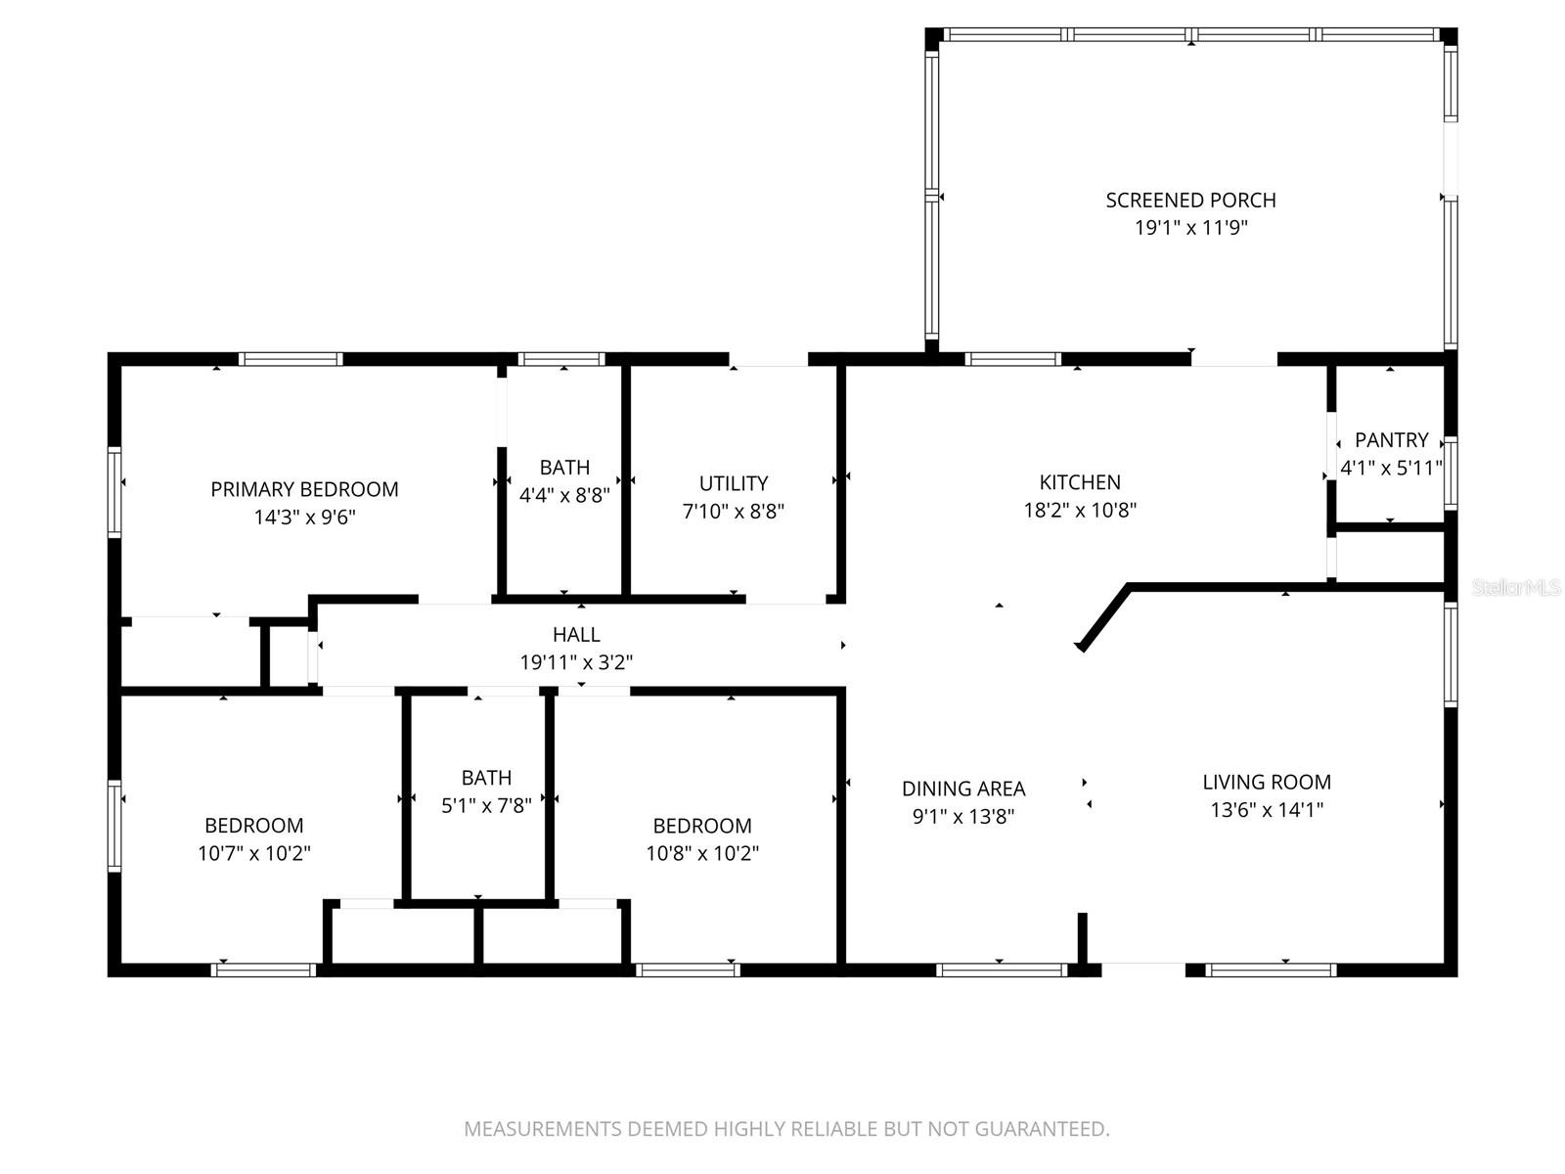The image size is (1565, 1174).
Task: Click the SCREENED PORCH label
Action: coord(1190,200)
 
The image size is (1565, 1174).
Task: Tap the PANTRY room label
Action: coord(1391,440)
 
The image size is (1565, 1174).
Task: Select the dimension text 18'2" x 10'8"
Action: coord(1080,510)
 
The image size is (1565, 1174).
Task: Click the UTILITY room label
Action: coord(733,483)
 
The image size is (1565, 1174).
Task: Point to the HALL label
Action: coord(576,635)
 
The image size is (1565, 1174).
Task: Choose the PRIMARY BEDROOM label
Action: coord(304,489)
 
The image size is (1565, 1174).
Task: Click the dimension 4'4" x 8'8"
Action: coord(564,495)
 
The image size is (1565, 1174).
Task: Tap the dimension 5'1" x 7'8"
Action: coord(486,805)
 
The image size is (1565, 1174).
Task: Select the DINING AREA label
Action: coord(963,789)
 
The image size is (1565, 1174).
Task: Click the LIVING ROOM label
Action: coord(1267,782)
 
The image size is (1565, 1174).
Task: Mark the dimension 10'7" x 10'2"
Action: coord(254,853)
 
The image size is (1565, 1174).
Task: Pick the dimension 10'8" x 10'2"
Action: coord(702,853)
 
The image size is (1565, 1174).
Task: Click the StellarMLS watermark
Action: coord(1516,587)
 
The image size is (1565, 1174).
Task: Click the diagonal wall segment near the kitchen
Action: coord(1103,617)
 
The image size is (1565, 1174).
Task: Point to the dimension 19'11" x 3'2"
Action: coord(576,662)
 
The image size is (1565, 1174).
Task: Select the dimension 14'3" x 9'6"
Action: coord(304,517)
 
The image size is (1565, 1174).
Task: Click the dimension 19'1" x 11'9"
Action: coord(1190,228)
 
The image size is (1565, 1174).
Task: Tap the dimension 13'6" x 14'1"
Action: coord(1267,809)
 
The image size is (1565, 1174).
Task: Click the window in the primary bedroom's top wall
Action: coord(291,359)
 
